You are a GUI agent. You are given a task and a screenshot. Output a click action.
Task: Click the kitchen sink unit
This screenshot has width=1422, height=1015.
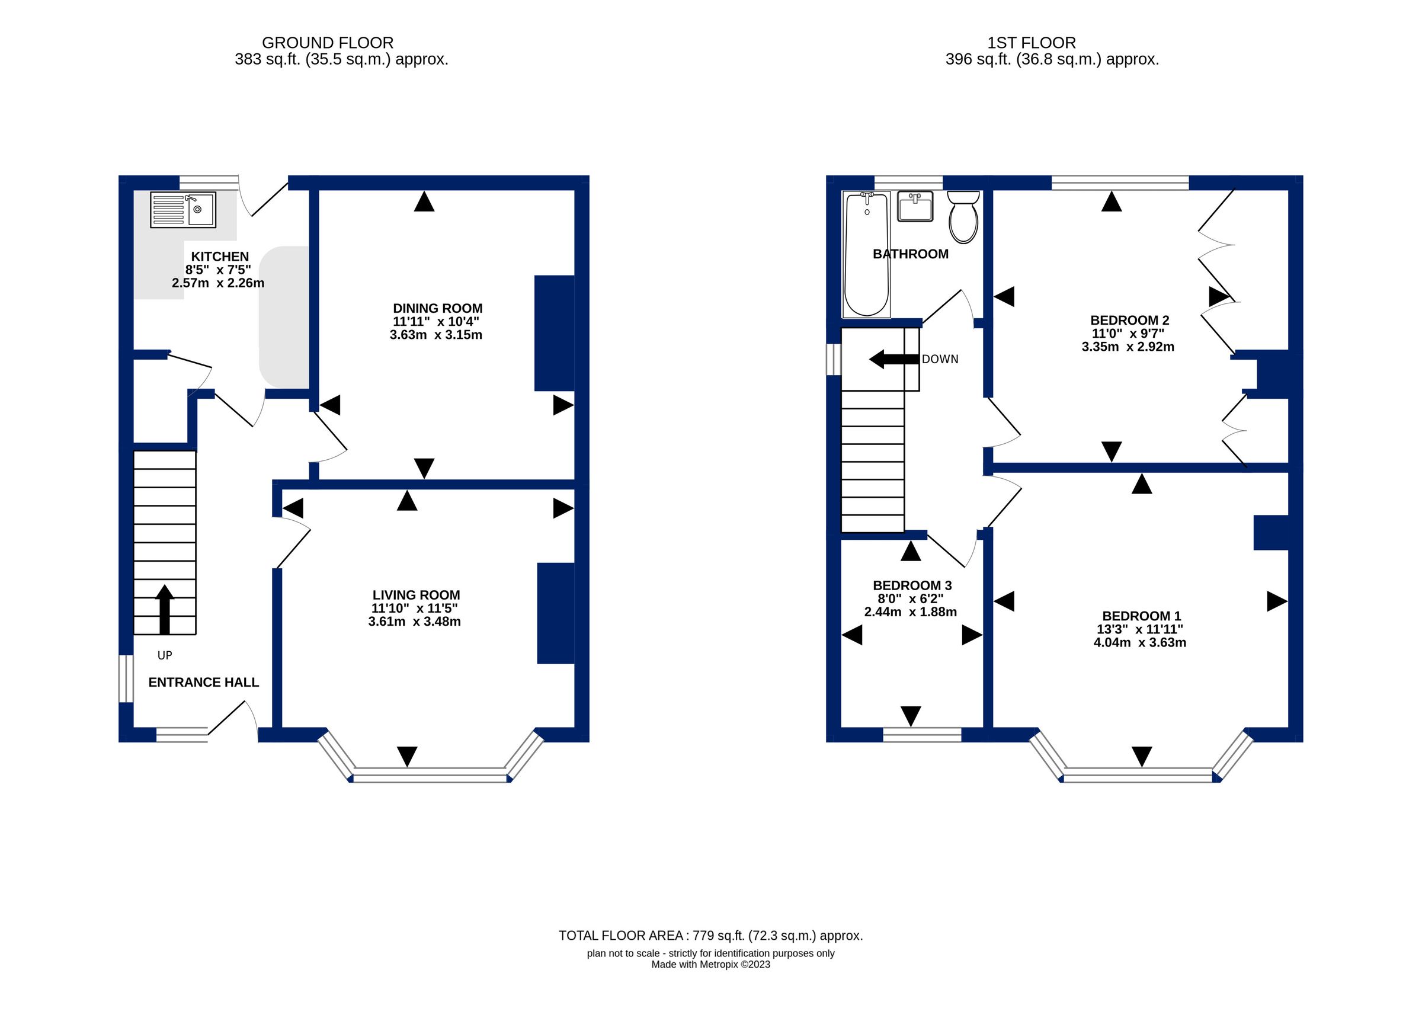click(183, 209)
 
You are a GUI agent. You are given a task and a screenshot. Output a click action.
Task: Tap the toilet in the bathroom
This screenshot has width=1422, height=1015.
click(963, 217)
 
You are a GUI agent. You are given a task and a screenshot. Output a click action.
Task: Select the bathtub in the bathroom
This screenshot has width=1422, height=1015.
click(867, 254)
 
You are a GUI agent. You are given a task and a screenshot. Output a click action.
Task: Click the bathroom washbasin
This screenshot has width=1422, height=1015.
click(915, 206)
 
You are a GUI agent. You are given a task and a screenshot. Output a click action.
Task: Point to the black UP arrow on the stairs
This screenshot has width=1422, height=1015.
click(164, 609)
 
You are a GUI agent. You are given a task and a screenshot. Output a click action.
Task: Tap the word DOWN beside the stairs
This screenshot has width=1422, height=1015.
click(940, 360)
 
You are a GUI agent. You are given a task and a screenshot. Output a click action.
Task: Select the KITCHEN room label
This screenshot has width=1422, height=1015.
click(219, 256)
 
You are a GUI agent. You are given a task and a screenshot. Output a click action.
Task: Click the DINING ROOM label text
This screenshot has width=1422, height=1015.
click(437, 308)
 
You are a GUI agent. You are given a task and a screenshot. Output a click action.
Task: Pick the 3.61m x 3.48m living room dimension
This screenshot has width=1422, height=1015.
click(414, 621)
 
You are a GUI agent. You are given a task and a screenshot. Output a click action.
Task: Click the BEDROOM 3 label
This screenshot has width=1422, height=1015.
click(912, 585)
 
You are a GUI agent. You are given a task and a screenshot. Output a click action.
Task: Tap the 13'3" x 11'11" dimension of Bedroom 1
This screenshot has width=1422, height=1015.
click(1139, 629)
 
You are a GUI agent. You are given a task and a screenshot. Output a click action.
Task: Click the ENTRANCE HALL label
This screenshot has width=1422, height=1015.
click(204, 683)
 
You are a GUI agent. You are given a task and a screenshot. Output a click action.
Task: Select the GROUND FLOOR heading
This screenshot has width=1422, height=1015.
click(328, 43)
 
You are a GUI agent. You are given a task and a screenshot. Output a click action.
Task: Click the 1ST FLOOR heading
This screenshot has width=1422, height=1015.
click(1032, 43)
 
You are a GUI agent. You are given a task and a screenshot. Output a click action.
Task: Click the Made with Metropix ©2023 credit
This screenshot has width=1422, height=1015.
click(710, 965)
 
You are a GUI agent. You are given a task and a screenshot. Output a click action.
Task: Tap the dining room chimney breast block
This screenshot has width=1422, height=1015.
click(553, 333)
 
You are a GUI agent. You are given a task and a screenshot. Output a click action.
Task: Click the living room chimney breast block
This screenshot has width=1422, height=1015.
click(555, 613)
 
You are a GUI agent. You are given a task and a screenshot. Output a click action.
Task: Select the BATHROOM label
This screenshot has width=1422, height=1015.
click(910, 254)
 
